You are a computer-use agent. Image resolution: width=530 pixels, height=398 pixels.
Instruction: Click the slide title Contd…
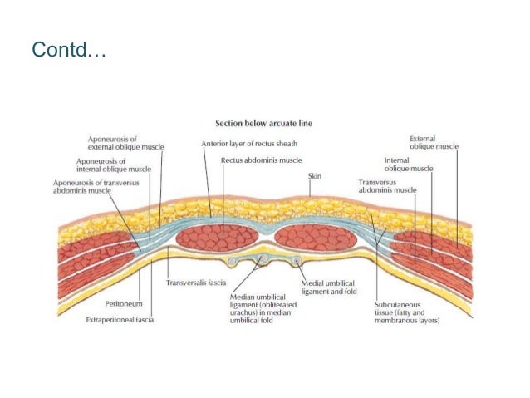tap(69, 52)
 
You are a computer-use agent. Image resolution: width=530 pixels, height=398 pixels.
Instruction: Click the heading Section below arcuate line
tap(264, 124)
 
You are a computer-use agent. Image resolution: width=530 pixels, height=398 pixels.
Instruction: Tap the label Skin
tap(315, 176)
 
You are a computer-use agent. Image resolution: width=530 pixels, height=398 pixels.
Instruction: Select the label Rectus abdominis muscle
tap(261, 160)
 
